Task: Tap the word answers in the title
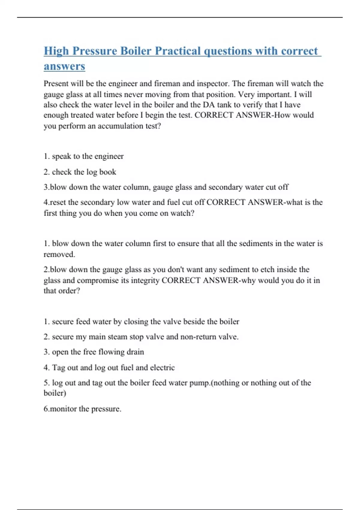click(x=64, y=66)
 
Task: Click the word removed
click(x=59, y=254)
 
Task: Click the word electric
click(x=162, y=367)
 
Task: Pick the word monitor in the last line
click(x=63, y=409)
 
